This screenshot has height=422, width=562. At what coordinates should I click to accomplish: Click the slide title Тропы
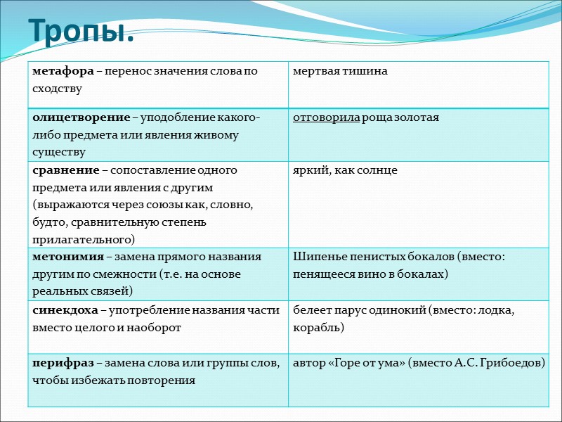[x=81, y=30]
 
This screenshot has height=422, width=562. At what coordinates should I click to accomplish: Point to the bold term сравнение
[x=62, y=170]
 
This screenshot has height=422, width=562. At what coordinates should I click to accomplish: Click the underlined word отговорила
[x=326, y=117]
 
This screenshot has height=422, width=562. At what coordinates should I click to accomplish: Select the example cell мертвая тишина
[x=341, y=71]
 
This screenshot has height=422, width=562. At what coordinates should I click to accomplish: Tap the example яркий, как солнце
[x=346, y=170]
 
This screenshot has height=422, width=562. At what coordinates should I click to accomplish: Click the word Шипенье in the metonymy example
[x=315, y=256]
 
